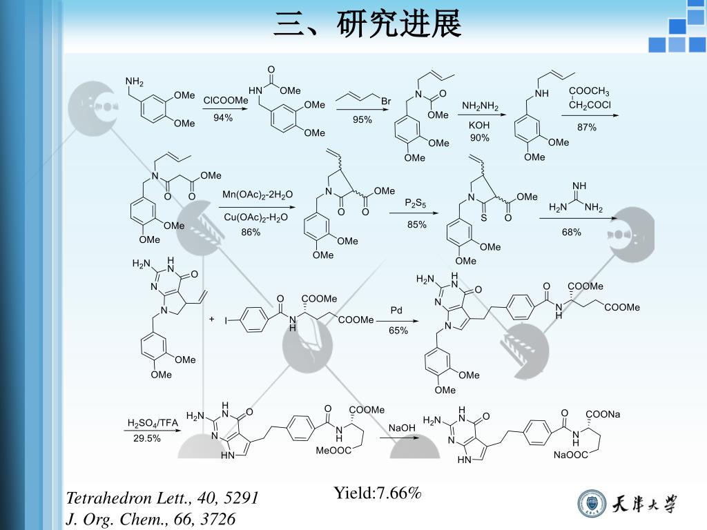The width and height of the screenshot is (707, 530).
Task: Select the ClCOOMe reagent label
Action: coord(225,101)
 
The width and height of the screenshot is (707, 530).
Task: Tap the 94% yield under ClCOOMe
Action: coord(223,118)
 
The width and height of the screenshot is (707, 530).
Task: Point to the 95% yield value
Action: coord(362,119)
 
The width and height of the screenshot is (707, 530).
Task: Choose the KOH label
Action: coord(479,126)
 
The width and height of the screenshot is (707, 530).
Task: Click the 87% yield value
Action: coord(587,128)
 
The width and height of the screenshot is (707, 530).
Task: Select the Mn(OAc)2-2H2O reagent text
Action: coord(258,195)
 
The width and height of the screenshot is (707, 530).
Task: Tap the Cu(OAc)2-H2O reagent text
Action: coord(255,217)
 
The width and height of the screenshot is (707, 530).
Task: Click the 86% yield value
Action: coord(251,233)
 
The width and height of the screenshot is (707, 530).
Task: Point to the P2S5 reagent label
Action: coord(416,204)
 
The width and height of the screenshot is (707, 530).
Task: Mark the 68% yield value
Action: coord(571,233)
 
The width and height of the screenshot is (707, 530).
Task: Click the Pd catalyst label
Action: coord(396,311)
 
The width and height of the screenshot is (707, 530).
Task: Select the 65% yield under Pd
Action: coord(398,331)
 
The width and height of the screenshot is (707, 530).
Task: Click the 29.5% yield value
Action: coord(147,438)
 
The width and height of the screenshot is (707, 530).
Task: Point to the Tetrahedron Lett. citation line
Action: coord(162,498)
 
